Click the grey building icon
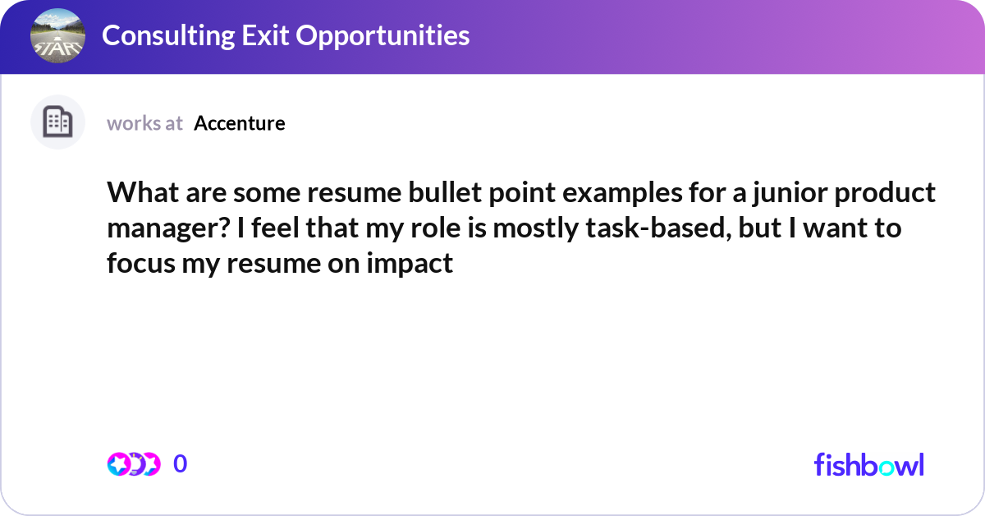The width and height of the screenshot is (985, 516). [x=58, y=122]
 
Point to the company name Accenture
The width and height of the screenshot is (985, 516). [x=240, y=123]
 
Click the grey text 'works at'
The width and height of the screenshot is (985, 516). [x=144, y=123]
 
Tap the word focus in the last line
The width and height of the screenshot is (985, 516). [x=139, y=265]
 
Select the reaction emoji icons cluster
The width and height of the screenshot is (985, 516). [x=133, y=463]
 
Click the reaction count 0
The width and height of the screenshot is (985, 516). [x=181, y=463]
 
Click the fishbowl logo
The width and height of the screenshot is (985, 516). [x=868, y=464]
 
